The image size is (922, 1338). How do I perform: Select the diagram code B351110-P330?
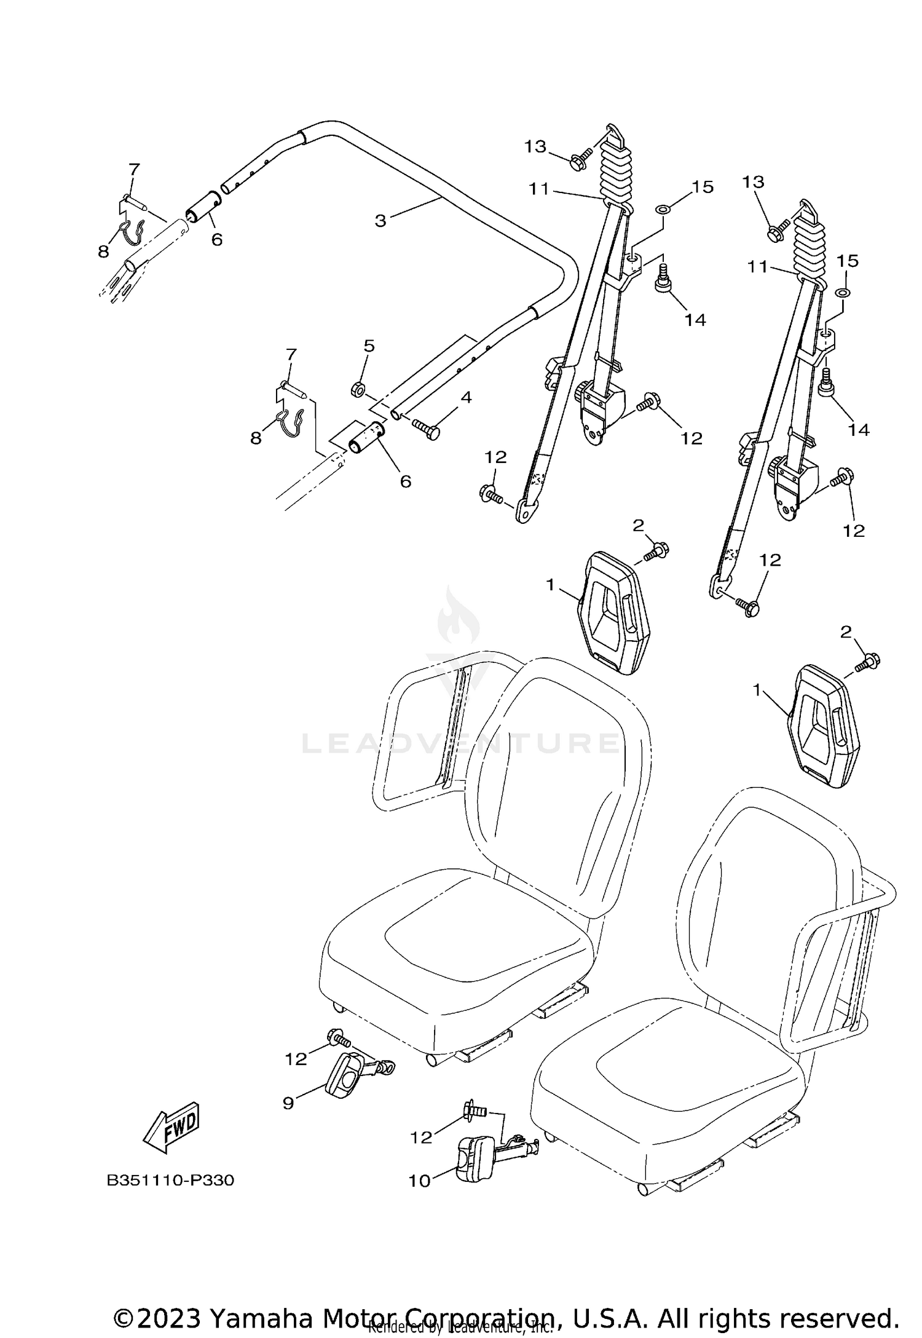pos(170,1181)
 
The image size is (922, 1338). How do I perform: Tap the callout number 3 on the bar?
pos(380,220)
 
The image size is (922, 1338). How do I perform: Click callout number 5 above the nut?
pos(369,346)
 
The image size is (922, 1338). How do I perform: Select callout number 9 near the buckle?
pos(289,1103)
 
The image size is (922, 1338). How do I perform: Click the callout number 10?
pos(420,1181)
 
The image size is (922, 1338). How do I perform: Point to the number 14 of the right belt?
pos(858,430)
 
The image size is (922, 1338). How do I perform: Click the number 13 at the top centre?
pos(535,146)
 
